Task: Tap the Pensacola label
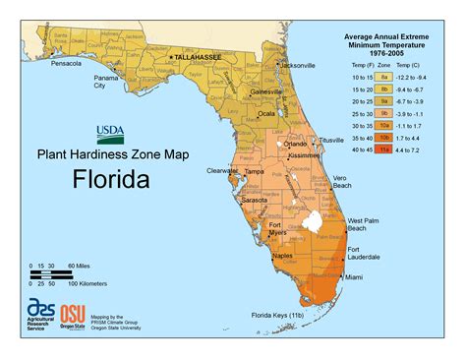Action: click(67, 63)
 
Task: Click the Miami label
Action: click(354, 277)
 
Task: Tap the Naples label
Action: click(283, 255)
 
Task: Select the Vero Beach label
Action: click(341, 182)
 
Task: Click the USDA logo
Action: click(109, 134)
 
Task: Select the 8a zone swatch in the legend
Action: click(386, 75)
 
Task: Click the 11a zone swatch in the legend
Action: click(386, 151)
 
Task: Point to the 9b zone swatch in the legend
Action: click(386, 113)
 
